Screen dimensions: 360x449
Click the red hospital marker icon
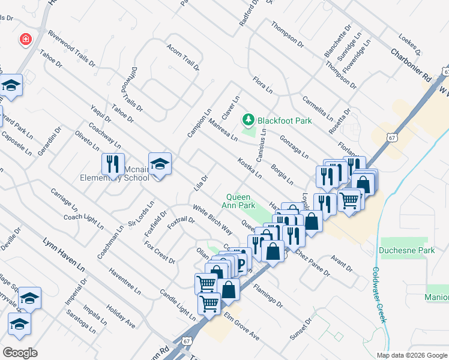[x=25, y=40]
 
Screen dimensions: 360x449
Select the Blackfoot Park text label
[x=285, y=121]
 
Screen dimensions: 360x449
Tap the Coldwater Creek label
[x=378, y=295]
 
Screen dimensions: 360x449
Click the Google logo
[x=20, y=353]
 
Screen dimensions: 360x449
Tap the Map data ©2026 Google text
[x=411, y=355]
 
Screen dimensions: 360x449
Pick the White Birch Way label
[x=212, y=220]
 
